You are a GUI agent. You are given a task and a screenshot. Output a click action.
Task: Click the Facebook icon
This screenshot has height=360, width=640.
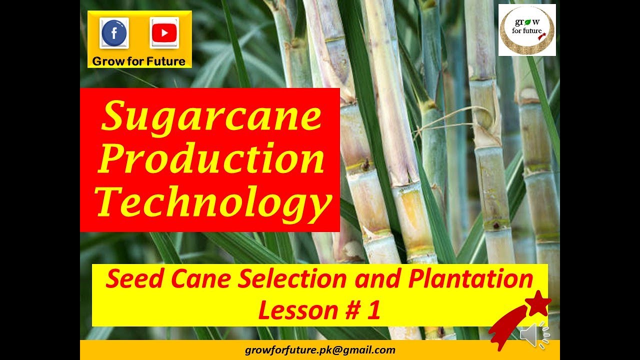click(x=114, y=32)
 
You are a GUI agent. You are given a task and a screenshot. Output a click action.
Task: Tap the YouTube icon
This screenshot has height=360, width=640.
click(x=164, y=32)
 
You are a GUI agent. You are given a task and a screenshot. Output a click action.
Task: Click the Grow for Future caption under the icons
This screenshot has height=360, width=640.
click(x=138, y=61)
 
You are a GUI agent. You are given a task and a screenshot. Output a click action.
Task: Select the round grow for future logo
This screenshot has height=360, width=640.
click(x=527, y=30)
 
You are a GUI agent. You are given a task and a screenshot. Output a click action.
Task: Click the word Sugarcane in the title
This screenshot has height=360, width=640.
click(x=211, y=116)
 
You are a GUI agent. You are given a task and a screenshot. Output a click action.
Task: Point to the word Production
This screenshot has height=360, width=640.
click(x=211, y=159)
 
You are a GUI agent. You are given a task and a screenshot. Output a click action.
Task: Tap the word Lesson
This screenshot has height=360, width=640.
click(x=291, y=310)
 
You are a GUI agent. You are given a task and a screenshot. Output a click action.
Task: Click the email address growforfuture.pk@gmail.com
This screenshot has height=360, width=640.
click(x=320, y=350)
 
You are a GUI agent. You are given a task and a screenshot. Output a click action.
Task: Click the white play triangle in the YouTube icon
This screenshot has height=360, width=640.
click(x=164, y=33)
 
